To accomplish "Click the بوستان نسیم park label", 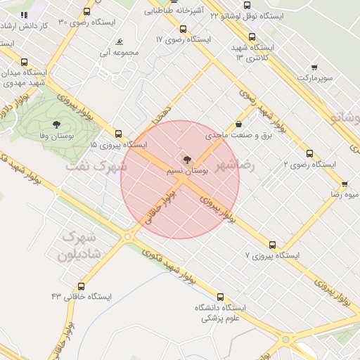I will point(186,171).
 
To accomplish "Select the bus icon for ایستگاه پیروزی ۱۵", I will point(117,133).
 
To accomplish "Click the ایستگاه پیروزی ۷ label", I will point(273,255).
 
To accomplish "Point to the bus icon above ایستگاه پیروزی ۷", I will point(272,245).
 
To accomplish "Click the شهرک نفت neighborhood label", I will point(98,167).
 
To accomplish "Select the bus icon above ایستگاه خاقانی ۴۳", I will point(82,286).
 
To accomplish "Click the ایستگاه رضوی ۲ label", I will point(309,164).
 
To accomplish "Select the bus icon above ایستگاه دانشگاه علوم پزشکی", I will point(221,297).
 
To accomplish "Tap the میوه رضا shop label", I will point(345,193).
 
